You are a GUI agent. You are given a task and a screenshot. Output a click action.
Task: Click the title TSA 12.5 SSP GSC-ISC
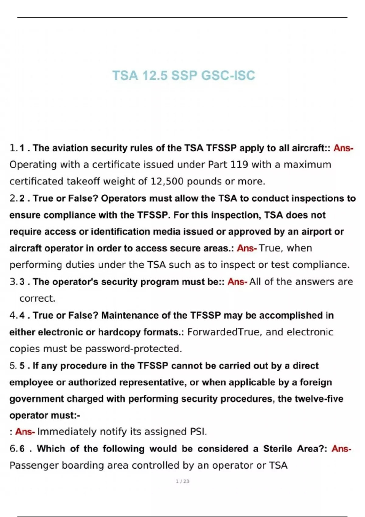[183, 75]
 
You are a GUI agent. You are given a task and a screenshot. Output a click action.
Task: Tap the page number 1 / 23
[182, 481]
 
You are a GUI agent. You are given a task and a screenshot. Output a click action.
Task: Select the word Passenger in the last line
[34, 465]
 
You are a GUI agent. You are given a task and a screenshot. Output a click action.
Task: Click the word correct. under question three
[37, 298]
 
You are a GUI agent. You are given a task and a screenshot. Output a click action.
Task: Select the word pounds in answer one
[204, 181]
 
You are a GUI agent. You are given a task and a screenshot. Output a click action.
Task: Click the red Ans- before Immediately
[25, 432]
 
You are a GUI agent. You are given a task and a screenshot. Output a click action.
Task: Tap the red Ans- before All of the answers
[237, 282]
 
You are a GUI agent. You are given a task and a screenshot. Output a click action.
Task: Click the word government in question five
[36, 399]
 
